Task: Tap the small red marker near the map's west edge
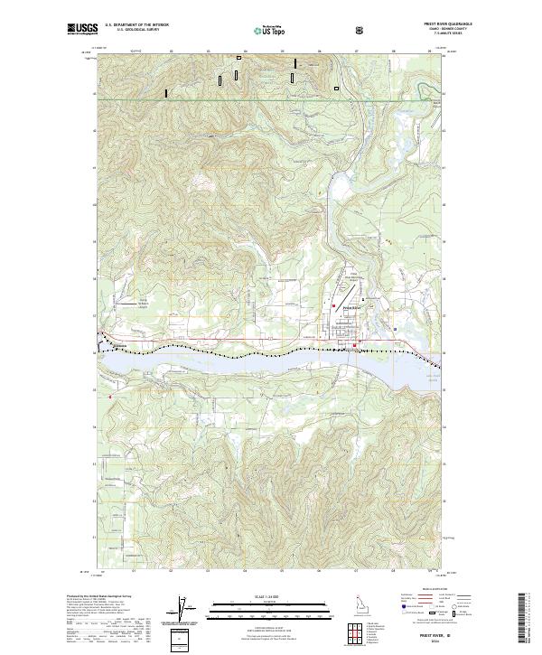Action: [x=109, y=397]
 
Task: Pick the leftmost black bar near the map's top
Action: [x=165, y=92]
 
